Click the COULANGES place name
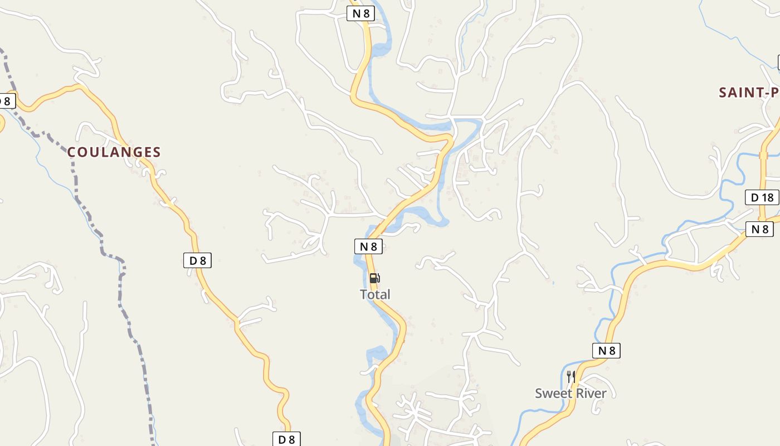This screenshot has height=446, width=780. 114,152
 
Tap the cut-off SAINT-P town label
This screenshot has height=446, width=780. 748,93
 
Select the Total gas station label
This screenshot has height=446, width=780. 375,294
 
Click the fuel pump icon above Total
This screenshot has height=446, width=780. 375,278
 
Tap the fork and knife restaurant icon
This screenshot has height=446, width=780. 571,377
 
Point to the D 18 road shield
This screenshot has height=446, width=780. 762,197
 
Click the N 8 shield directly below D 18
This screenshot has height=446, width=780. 759,229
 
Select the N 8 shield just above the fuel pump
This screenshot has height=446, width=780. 368,246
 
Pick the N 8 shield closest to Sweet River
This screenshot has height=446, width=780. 606,351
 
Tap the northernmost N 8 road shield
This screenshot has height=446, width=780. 360,13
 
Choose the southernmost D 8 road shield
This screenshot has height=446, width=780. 286,439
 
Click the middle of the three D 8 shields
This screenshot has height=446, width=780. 198,260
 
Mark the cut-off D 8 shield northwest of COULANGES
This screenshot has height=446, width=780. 6,101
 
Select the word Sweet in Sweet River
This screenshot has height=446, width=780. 553,393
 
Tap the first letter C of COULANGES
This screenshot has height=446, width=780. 72,152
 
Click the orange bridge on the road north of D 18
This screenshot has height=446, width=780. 763,155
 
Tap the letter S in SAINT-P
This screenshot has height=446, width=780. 723,93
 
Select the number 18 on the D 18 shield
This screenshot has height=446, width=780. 767,197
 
